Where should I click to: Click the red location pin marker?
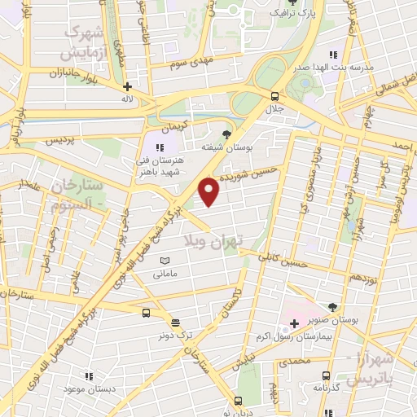tap(209, 191)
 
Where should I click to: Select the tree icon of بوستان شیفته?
tap(226, 134)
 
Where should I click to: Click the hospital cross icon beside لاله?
tap(127, 86)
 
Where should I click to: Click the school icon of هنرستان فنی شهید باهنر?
tap(160, 147)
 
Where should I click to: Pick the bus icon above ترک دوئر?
tap(146, 312)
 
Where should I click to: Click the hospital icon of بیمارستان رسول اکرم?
tap(294, 324)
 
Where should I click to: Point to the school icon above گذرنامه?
tap(327, 375)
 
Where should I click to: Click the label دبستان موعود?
tap(90, 389)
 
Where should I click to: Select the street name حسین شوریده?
tap(261, 173)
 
